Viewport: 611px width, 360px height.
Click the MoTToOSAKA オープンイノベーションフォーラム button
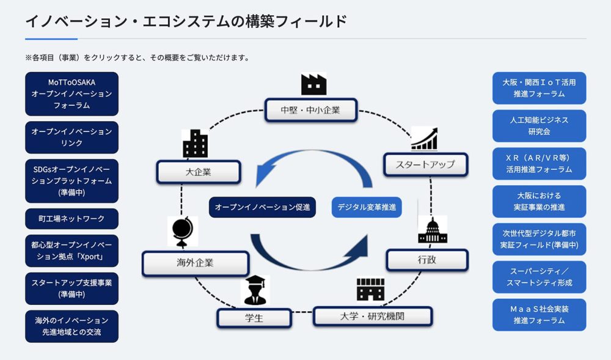pos(71,94)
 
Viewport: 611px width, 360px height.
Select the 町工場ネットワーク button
pos(71,219)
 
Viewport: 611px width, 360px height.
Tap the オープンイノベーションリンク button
pos(71,137)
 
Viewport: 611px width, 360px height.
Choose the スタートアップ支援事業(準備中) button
pos(71,288)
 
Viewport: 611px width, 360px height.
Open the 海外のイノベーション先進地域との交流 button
pos(71,326)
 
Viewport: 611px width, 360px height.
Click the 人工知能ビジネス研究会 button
pos(539,126)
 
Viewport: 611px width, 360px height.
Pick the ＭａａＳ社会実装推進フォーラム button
pos(539,315)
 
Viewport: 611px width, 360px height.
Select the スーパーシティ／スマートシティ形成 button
pos(539,277)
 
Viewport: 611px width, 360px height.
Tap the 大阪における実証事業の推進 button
pos(539,202)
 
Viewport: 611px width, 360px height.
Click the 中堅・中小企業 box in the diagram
pos(311,110)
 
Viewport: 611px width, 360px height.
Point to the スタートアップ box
pos(425,164)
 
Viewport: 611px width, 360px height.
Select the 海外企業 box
pos(196,263)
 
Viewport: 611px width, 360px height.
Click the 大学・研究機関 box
pos(373,317)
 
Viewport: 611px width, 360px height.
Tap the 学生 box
pos(254,318)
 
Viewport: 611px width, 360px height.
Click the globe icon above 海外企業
pos(182,232)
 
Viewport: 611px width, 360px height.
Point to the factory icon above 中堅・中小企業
pos(313,84)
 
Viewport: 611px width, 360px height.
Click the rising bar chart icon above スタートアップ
pos(425,139)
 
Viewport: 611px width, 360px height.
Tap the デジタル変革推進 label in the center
pos(367,207)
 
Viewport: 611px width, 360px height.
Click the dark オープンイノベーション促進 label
pos(262,207)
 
